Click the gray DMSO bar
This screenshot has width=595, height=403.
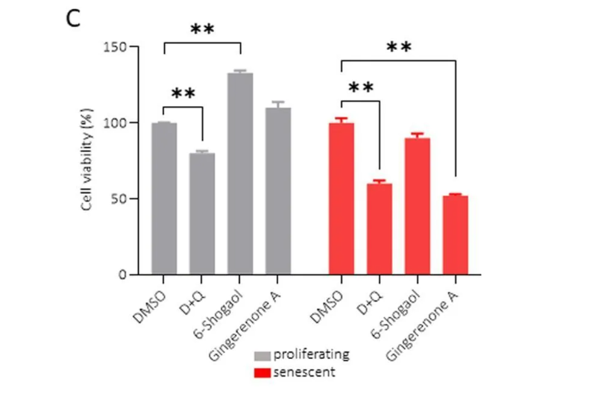pyautogui.click(x=164, y=199)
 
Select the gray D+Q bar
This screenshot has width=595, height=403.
pyautogui.click(x=202, y=213)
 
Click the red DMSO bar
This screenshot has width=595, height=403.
pyautogui.click(x=341, y=199)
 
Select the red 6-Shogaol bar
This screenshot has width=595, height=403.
pyautogui.click(x=418, y=206)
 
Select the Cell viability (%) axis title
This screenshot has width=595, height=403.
pyautogui.click(x=87, y=160)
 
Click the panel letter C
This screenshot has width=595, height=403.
pyautogui.click(x=72, y=19)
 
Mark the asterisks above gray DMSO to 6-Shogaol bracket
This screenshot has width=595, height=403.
pyautogui.click(x=202, y=30)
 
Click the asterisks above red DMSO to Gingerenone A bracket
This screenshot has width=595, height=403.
pyautogui.click(x=399, y=47)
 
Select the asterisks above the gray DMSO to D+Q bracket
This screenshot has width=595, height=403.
pyautogui.click(x=183, y=94)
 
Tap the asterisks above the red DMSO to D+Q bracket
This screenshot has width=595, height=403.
pyautogui.click(x=361, y=88)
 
